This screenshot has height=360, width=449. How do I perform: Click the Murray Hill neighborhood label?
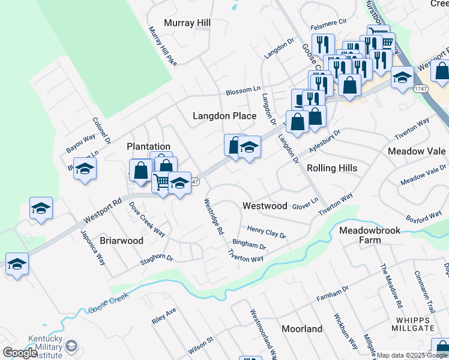coord(187,23)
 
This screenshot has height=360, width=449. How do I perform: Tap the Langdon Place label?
coord(224,116)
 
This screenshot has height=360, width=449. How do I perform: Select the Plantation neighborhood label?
coord(148,146)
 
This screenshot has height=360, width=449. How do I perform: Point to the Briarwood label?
coord(121,241)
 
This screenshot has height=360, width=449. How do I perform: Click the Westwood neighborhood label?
coord(265,206)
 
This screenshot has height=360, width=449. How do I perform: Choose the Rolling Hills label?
coord(332,169)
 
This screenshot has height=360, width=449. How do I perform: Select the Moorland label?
coord(301,329)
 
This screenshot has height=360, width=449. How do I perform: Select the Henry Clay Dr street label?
coord(267,232)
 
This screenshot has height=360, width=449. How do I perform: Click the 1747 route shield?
coord(420,88)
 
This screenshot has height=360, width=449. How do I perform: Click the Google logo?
coord(20,353)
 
